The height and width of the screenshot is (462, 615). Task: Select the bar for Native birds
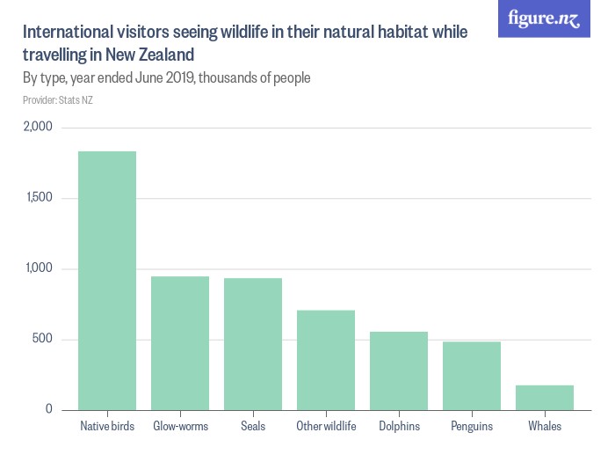[107, 281]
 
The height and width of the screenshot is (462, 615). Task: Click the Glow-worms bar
[180, 343]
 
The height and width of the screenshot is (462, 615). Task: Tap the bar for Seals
[253, 344]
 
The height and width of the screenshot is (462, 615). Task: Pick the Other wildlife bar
[326, 360]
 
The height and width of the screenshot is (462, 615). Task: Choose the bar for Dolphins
[399, 370]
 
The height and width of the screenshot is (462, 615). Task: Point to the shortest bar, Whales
[545, 398]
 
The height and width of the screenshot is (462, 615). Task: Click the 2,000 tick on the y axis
[38, 127]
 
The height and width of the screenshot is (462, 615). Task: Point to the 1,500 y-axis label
[39, 198]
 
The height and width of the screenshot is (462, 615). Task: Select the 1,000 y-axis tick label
[39, 268]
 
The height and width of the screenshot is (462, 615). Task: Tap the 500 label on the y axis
[43, 340]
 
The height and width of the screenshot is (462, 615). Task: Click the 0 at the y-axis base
[49, 410]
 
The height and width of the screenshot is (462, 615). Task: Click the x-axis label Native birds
[107, 427]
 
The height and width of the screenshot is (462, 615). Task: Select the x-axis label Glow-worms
[180, 427]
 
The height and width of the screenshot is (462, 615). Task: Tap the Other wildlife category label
[326, 427]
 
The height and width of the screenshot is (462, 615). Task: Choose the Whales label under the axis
[545, 427]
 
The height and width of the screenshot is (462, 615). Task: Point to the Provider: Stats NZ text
[58, 100]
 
